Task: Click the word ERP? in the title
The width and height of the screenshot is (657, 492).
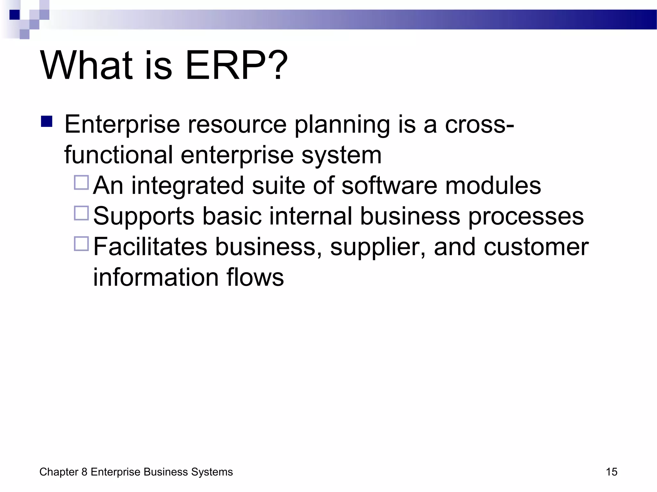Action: coord(236,66)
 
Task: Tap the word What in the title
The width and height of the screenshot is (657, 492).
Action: coord(86,66)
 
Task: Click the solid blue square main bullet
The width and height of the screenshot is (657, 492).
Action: coord(47,122)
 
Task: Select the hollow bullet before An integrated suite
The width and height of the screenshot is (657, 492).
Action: coord(81,183)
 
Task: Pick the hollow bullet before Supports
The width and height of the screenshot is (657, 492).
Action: coord(81,213)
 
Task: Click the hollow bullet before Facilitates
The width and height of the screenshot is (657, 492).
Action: coord(81,244)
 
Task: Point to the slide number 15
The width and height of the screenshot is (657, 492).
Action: coord(611,472)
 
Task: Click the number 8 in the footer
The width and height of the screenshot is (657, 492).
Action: coord(84,472)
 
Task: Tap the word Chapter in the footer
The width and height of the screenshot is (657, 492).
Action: coord(59,472)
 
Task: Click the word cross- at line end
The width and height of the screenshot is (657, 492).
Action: coord(479,124)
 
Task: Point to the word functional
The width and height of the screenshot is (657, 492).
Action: coord(118,155)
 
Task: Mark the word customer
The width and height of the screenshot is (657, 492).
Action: coord(536,247)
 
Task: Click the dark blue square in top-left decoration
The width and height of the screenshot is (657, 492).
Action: coord(15,15)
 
